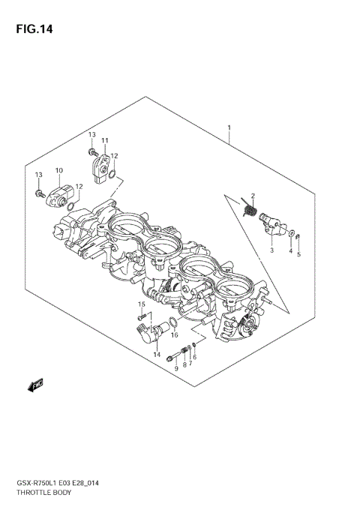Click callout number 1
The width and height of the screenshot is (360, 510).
(x=229, y=128)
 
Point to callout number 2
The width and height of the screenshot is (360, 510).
(x=253, y=196)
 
